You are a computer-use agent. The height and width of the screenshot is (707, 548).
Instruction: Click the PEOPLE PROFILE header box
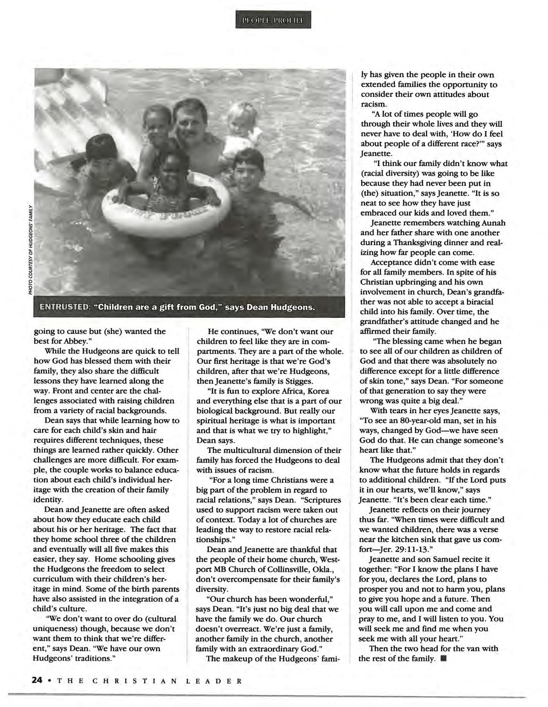tap(273, 20)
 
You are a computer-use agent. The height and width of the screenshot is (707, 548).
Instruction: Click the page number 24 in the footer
tap(37, 681)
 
